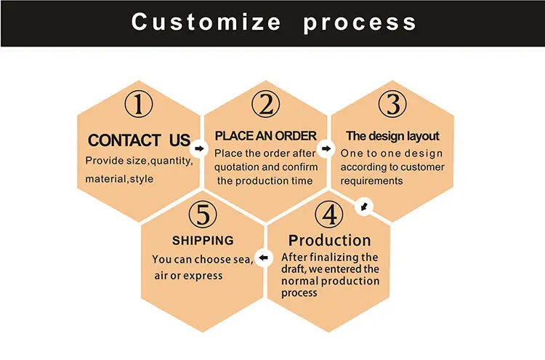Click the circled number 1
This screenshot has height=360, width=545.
139,105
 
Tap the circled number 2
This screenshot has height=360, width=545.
266,105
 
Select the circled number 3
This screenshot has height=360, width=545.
393,105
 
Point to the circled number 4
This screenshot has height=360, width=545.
329,215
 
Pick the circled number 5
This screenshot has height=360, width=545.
203,215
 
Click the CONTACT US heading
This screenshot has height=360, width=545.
139,140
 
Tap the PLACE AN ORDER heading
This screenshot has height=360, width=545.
266,135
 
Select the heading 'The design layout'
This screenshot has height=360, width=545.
392,136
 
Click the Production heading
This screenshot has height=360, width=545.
329,240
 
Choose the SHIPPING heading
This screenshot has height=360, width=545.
203,240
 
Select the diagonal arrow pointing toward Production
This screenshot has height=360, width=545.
365,208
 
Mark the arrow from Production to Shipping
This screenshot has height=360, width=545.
265,257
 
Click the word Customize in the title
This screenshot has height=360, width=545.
205,22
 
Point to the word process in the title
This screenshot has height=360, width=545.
360,22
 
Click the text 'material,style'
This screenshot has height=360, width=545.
119,179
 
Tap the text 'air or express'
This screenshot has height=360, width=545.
188,276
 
